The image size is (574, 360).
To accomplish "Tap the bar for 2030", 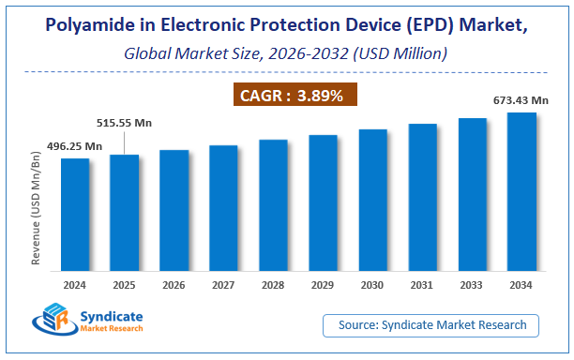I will pyautogui.click(x=372, y=204).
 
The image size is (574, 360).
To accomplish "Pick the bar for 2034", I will pyautogui.click(x=521, y=197).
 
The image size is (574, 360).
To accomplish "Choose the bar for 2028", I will pyautogui.click(x=273, y=210).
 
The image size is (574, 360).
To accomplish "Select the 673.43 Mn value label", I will pyautogui.click(x=521, y=100).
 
